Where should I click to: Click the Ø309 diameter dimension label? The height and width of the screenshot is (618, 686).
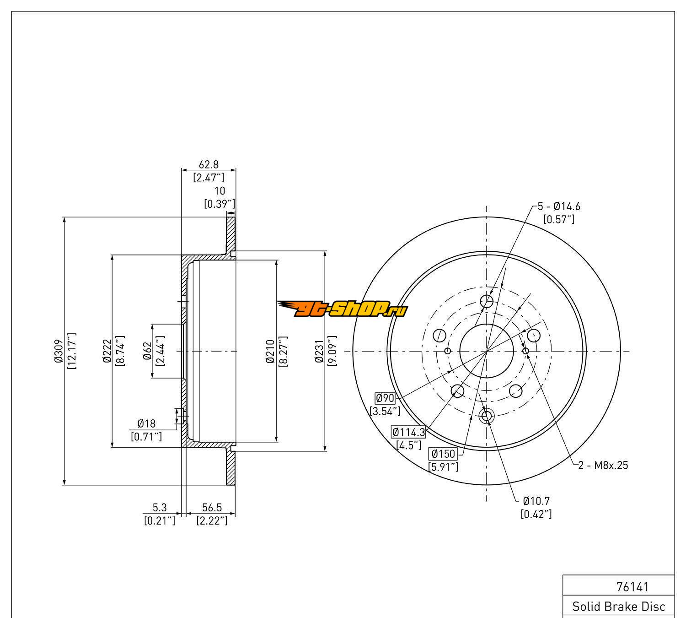coord(58,351)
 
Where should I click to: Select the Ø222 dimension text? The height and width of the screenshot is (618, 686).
coord(107,351)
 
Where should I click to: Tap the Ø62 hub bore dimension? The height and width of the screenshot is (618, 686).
coord(147,351)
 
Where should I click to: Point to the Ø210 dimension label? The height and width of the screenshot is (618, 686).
coord(270,351)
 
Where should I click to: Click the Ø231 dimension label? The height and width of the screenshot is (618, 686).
coord(319,351)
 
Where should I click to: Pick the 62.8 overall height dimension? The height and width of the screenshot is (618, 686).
coord(209,164)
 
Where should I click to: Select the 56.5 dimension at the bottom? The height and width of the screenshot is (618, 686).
coord(212,507)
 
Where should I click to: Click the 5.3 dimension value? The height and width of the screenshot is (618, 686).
coord(160,507)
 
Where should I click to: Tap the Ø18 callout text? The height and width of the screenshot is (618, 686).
coord(146,424)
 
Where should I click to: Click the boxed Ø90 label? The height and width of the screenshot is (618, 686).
coord(385,398)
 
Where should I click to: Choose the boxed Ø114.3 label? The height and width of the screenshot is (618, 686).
coord(408,432)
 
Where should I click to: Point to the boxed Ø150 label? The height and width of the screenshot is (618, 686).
coord(443,454)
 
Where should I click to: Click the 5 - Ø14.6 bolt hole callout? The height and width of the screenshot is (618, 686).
coord(558,206)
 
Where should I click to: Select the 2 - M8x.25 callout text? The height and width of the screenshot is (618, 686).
coord(603,466)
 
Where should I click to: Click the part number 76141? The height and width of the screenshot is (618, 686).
coord(632,586)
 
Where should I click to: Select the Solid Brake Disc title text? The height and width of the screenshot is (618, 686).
coord(619,607)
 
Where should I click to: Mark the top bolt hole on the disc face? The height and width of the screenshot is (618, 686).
coord(487,301)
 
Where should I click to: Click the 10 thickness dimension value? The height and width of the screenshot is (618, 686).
coord(220,191)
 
